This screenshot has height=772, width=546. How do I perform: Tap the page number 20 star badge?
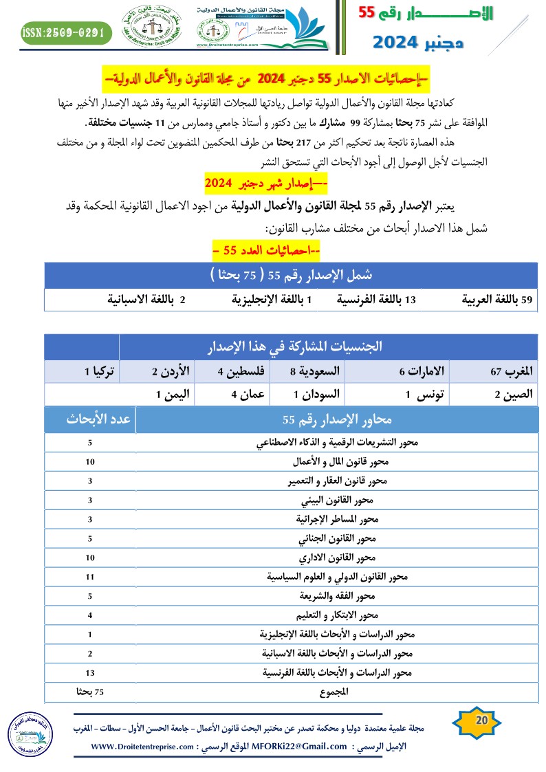pyautogui.click(x=481, y=720)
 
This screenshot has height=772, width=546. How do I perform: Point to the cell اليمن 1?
pyautogui.click(x=168, y=394)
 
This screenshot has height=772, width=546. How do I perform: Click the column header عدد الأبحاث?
pyautogui.click(x=90, y=419)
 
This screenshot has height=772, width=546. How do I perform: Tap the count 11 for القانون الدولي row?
pyautogui.click(x=90, y=577)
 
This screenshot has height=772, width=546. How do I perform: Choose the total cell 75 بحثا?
pyautogui.click(x=90, y=692)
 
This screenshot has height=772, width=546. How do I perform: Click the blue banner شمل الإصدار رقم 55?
pyautogui.click(x=290, y=274)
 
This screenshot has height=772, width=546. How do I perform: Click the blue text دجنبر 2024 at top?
pyautogui.click(x=418, y=43)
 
